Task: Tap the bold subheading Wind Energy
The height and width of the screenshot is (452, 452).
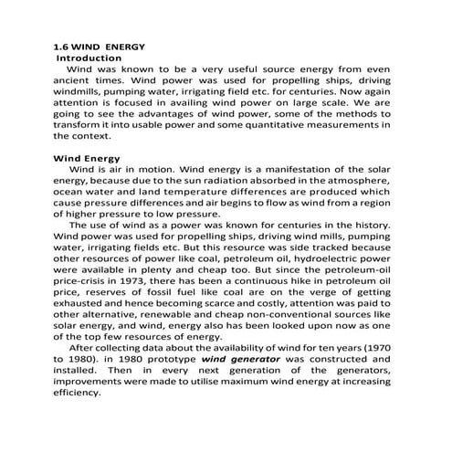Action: [88, 157]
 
